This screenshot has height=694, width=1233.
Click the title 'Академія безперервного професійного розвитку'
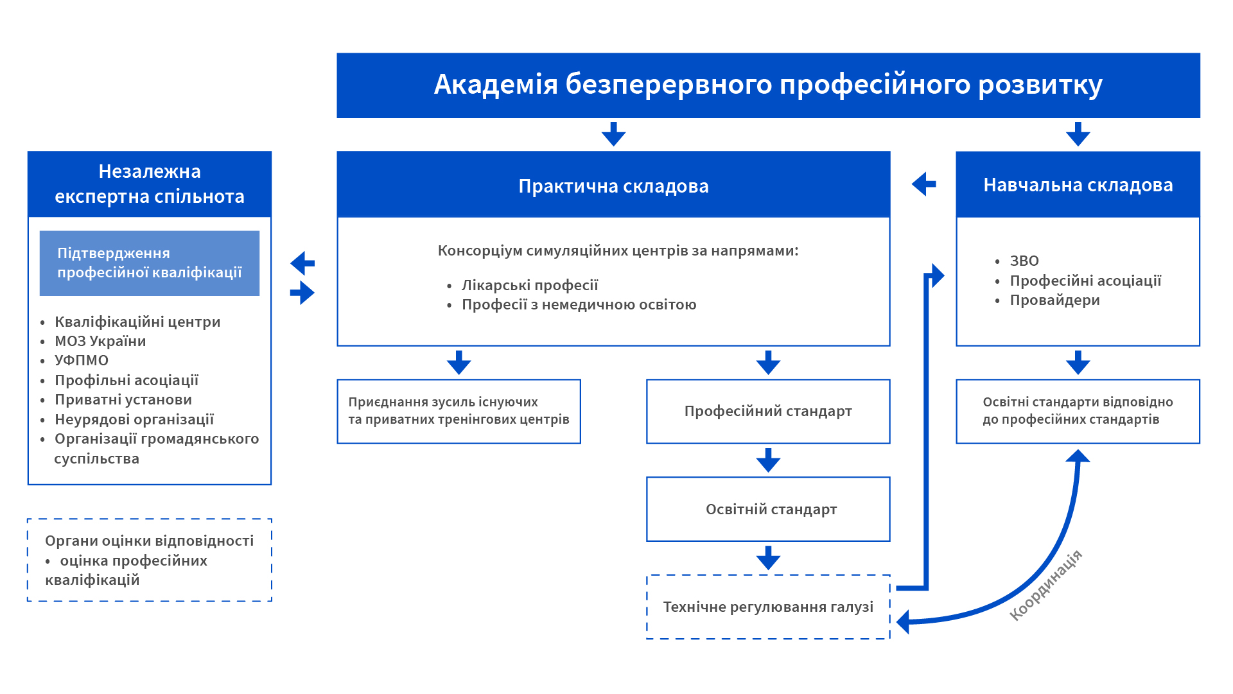tap(768, 85)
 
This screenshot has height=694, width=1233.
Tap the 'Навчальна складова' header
tap(1078, 185)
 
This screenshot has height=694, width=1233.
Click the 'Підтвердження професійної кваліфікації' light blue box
tap(150, 263)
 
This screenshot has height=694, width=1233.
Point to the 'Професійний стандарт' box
tap(768, 412)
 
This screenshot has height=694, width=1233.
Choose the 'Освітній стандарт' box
tap(768, 509)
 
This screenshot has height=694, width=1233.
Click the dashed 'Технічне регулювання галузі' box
tap(768, 607)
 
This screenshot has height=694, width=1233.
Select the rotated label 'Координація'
tap(1045, 586)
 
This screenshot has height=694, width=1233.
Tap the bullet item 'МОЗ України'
tap(100, 341)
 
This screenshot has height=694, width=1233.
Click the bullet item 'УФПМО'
tap(82, 360)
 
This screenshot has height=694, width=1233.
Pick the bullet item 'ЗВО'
tap(1024, 261)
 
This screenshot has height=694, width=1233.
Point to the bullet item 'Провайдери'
tap(1054, 300)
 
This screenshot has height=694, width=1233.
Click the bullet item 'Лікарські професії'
tap(530, 285)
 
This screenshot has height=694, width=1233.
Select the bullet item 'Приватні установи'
tap(123, 399)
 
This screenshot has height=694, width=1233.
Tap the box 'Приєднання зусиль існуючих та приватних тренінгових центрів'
tap(459, 412)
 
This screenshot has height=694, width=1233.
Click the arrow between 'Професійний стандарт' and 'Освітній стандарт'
tap(768, 460)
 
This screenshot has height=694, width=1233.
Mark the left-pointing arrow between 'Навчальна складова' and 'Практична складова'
tap(924, 184)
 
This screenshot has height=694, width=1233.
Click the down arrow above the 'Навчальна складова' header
tap(1078, 134)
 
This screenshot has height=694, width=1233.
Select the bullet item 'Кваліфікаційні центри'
tap(137, 322)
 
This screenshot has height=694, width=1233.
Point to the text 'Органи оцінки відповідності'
tap(150, 541)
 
